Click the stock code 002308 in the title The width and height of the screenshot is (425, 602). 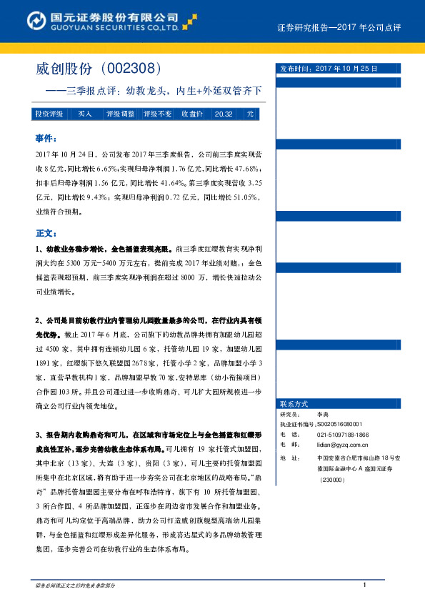(x=136, y=69)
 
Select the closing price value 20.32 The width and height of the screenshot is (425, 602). (x=224, y=114)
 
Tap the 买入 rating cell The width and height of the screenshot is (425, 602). (x=85, y=114)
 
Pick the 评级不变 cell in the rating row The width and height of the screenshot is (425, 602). (x=157, y=114)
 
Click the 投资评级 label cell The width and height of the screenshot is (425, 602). (x=50, y=114)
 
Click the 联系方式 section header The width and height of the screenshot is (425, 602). (x=295, y=404)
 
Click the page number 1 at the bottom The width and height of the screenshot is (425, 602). (x=364, y=586)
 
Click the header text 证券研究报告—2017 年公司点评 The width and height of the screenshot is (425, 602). (x=339, y=27)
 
